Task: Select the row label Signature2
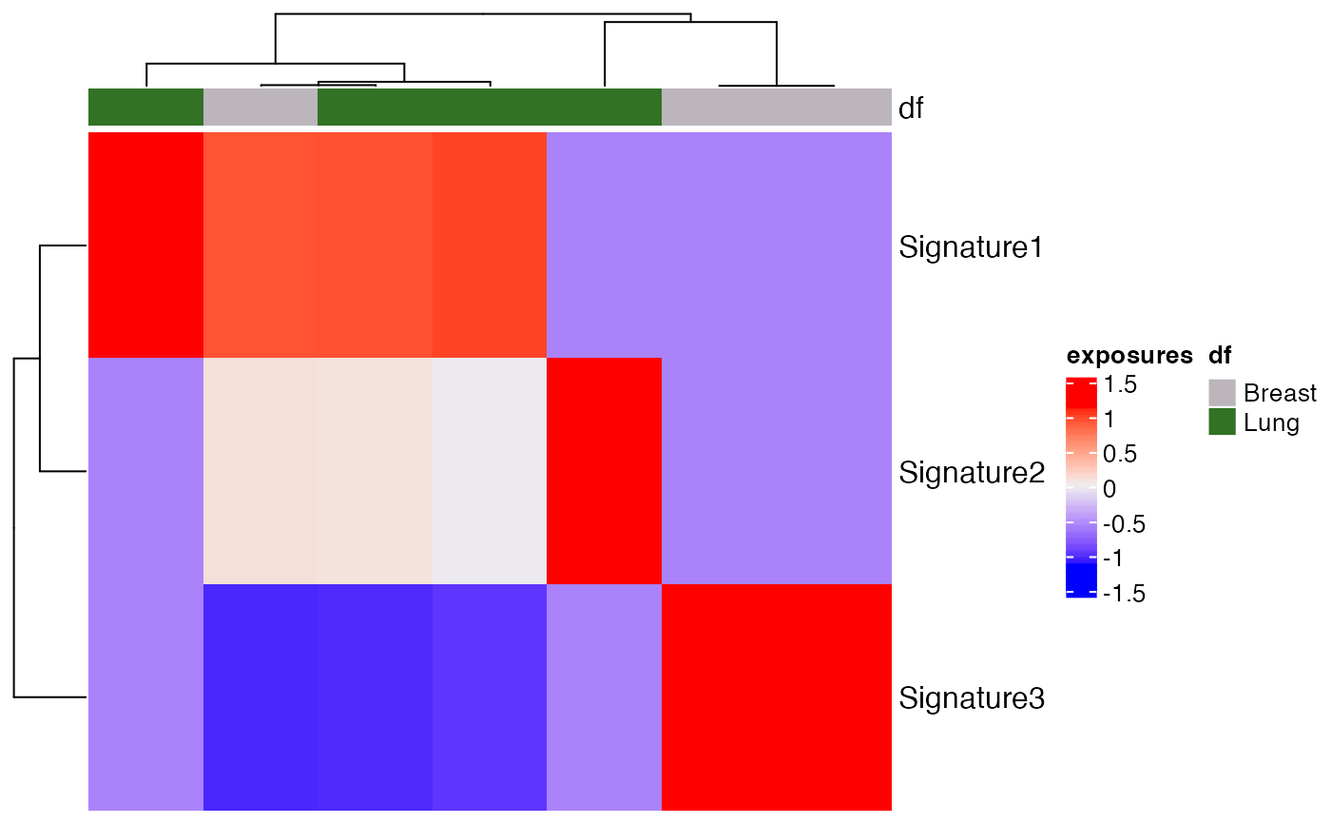click(971, 472)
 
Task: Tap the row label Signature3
click(971, 698)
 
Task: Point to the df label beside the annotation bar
click(911, 108)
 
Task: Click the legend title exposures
click(1128, 356)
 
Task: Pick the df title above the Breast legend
click(1220, 356)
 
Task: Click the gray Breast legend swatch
click(1222, 392)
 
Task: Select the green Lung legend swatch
click(1222, 422)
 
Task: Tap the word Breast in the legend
click(1280, 393)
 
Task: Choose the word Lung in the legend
click(1271, 422)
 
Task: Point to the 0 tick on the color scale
click(1109, 488)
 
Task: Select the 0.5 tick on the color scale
click(1119, 454)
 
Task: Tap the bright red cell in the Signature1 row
click(145, 245)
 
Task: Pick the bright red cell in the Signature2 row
click(604, 471)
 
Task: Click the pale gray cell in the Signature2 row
click(489, 471)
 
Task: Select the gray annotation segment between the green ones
click(260, 108)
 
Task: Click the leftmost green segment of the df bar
click(145, 108)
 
